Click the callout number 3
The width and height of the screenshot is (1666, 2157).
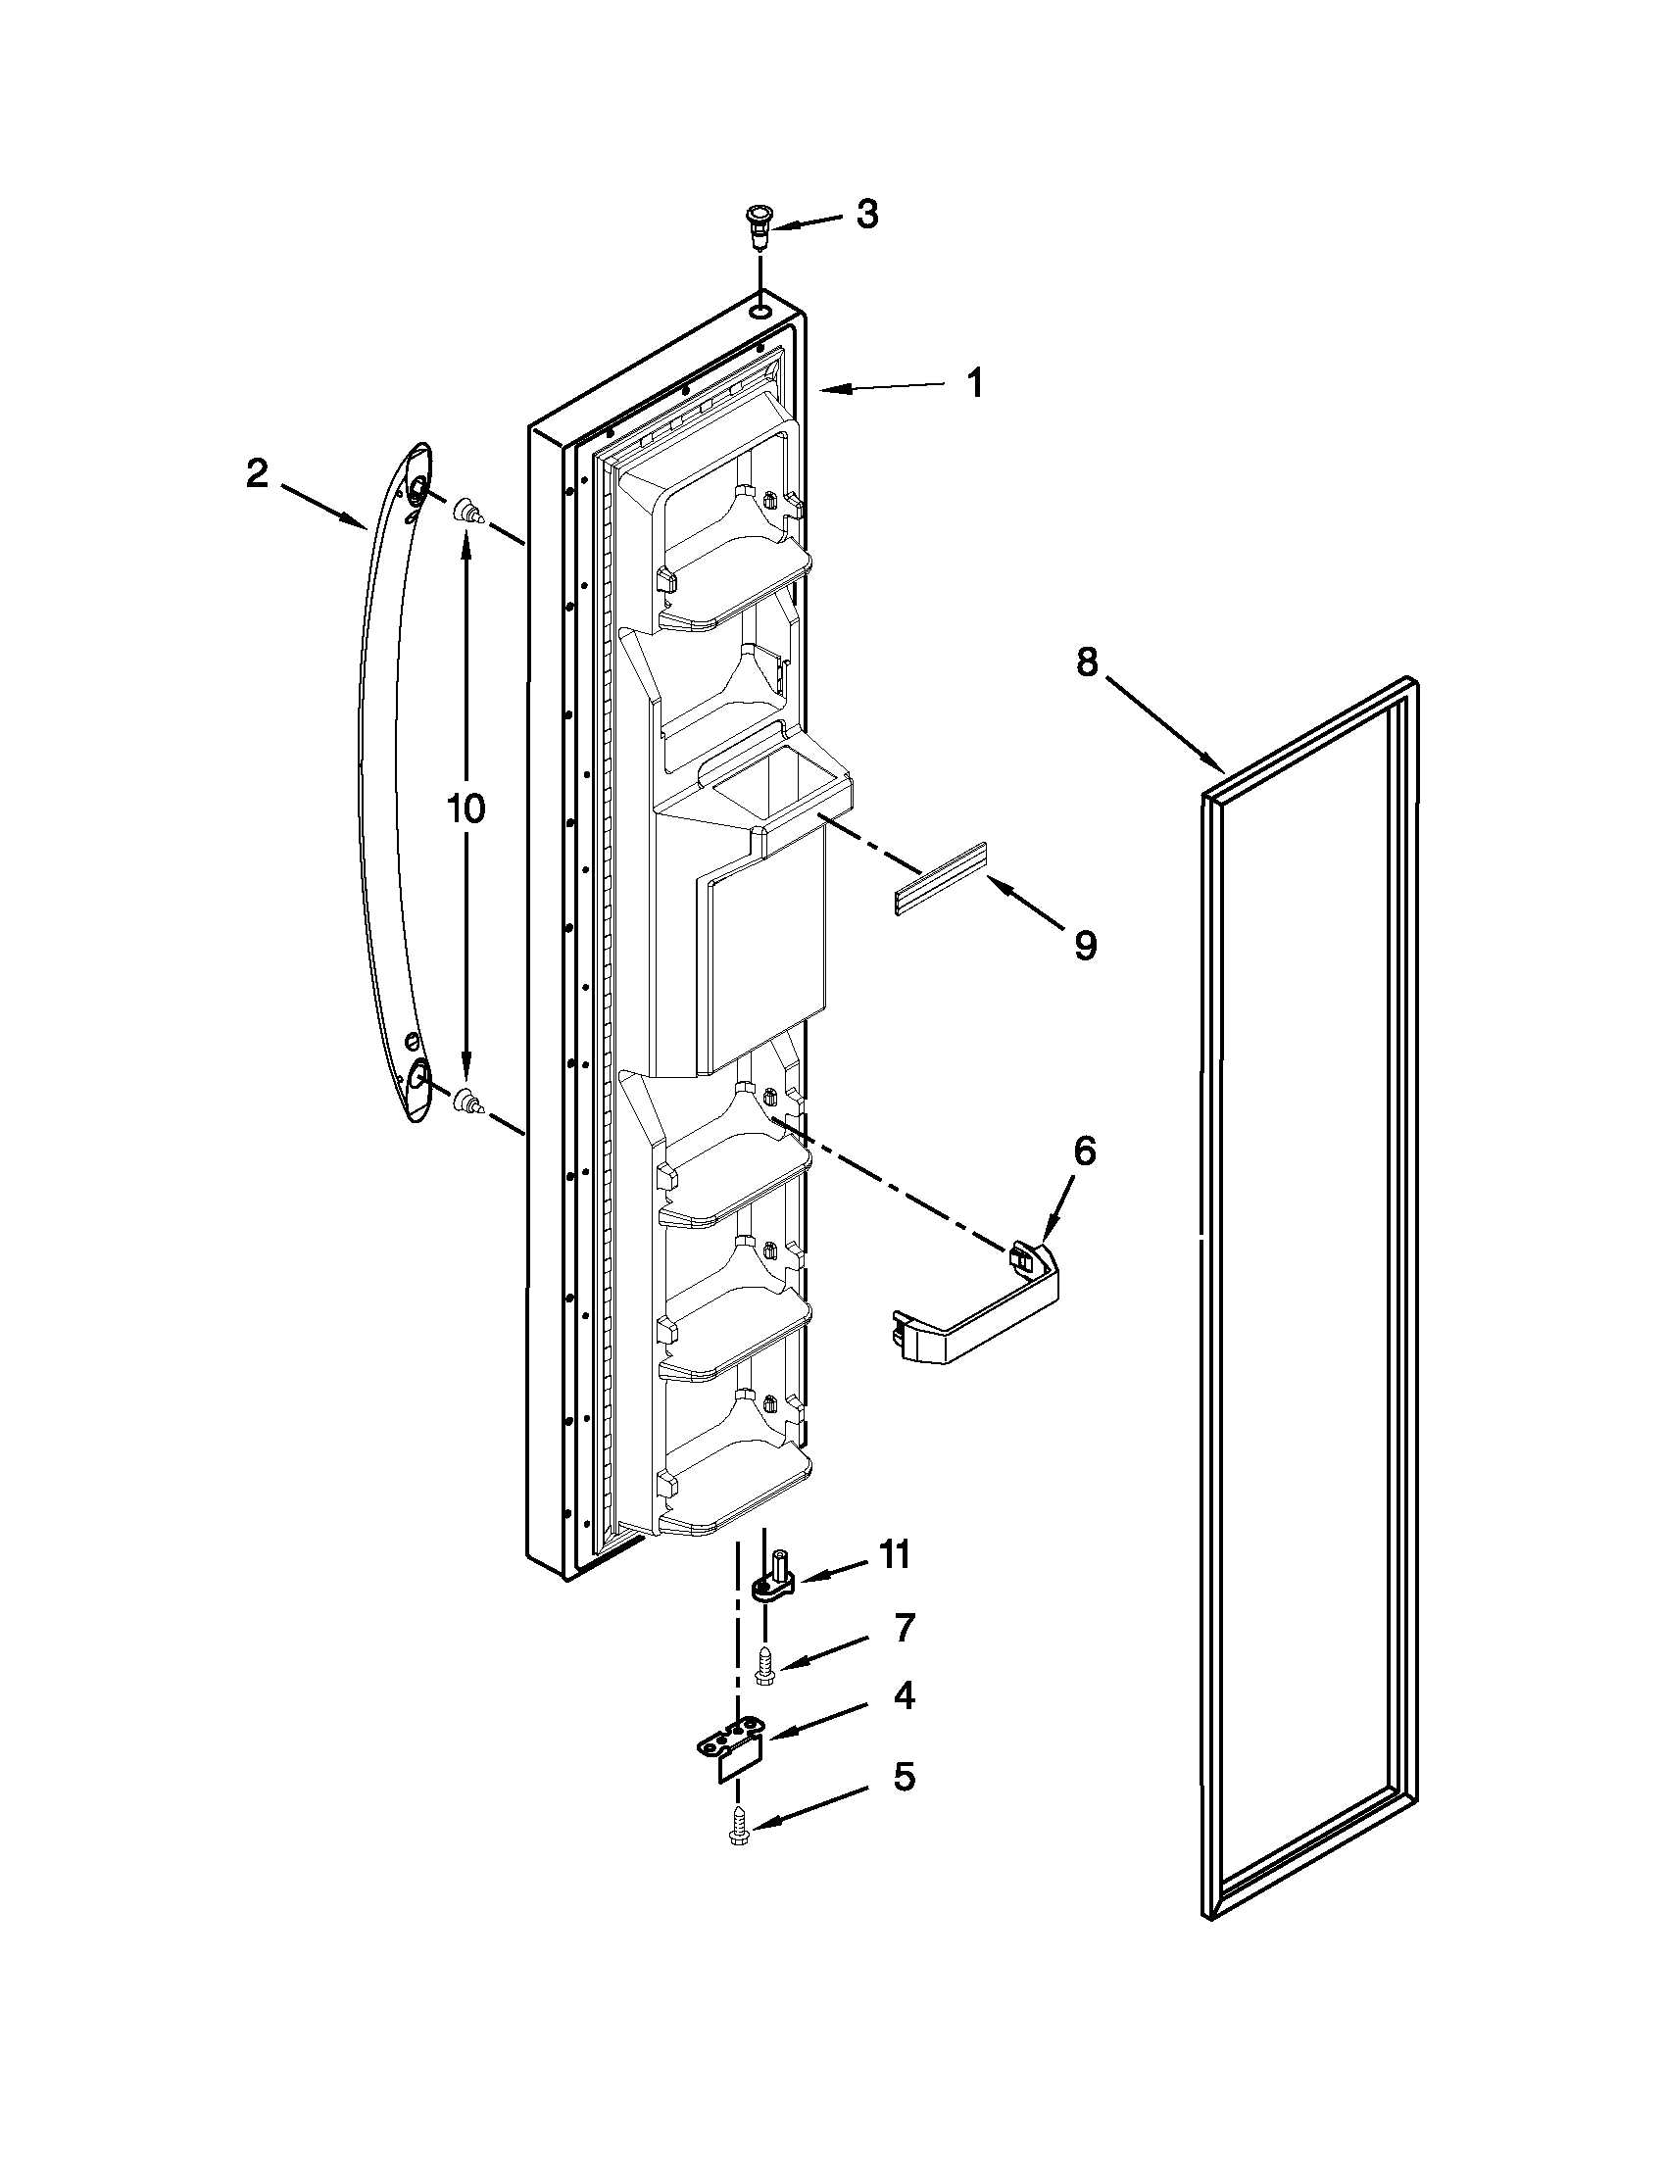(866, 215)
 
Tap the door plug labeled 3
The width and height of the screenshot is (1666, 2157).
(758, 225)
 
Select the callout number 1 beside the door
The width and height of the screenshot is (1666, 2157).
(974, 383)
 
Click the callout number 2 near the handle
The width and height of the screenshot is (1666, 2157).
(257, 474)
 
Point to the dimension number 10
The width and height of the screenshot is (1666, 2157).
(465, 809)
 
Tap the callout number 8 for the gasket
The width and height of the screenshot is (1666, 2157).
(1086, 662)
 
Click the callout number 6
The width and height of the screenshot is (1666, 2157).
(1084, 1151)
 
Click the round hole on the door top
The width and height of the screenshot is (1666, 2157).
(759, 313)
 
